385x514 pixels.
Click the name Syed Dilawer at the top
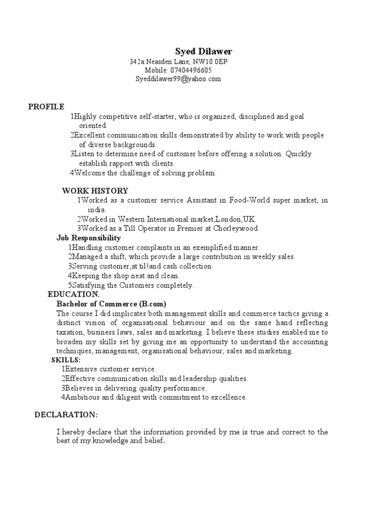pyautogui.click(x=204, y=52)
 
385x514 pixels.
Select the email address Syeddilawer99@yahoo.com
pyautogui.click(x=178, y=79)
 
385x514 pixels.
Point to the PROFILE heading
pyautogui.click(x=46, y=106)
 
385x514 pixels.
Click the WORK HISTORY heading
pyautogui.click(x=95, y=191)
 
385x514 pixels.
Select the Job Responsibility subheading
pyautogui.click(x=89, y=238)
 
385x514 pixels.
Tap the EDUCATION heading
pyautogui.click(x=74, y=295)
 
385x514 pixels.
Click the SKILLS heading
pyautogui.click(x=66, y=360)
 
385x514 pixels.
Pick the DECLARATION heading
pyautogui.click(x=66, y=415)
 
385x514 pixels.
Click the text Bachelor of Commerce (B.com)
pyautogui.click(x=111, y=304)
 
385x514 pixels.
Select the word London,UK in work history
pyautogui.click(x=235, y=219)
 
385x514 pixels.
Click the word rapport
pyautogui.click(x=124, y=164)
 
